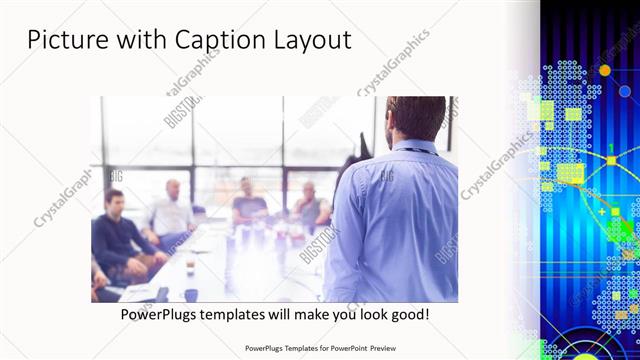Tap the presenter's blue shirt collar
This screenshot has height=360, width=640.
pyautogui.click(x=413, y=147)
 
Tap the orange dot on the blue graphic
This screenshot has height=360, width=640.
pyautogui.click(x=604, y=70)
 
